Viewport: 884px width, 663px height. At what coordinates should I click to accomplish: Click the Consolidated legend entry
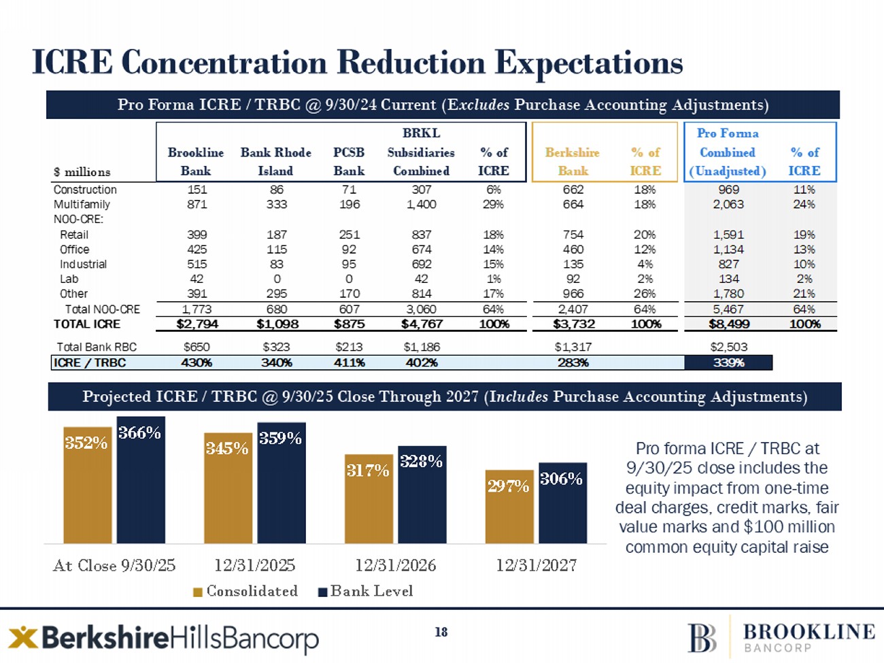pos(245,591)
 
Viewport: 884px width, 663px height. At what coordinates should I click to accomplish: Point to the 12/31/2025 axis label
pos(255,565)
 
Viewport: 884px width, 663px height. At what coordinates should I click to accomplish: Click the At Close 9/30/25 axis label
pos(114,565)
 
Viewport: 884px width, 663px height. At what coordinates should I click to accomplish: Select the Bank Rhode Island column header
pos(275,161)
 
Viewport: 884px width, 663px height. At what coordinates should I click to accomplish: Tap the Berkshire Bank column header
pos(573,161)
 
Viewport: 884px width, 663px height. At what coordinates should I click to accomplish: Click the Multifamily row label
pos(82,204)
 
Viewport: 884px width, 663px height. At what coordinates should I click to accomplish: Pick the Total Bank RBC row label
pos(97,347)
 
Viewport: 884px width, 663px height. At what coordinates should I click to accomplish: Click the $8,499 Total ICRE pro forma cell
pos(728,324)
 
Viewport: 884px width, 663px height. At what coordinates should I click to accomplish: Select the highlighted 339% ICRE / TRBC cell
pos(728,363)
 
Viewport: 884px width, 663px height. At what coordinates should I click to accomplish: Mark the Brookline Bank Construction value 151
pos(197,190)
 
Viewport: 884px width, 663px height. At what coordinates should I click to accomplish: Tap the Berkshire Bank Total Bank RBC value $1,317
pos(573,347)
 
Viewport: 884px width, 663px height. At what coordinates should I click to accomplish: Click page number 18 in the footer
pos(441,632)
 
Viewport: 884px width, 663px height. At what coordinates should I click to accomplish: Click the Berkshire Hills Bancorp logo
pos(163,638)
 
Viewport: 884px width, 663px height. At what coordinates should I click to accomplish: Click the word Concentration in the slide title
pos(224,62)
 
